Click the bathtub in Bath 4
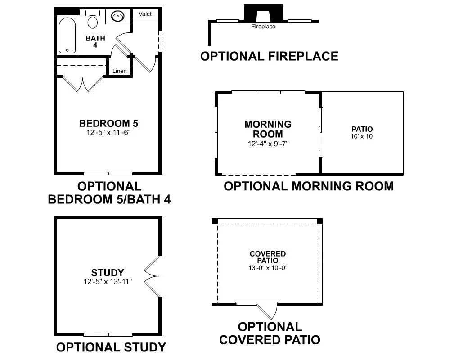coord(67,36)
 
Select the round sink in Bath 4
coord(117,16)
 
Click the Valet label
coord(145,14)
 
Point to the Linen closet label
coord(119,71)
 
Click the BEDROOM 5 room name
coord(108,123)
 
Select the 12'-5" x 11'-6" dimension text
coord(108,132)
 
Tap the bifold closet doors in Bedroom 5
coord(83,84)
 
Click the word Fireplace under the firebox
coord(263,27)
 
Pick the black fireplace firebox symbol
coord(263,12)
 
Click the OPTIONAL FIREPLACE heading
coord(269,56)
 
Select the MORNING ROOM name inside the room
coord(268,129)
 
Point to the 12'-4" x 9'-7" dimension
coord(268,144)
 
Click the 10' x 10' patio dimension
coord(362,136)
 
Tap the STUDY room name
coord(108,272)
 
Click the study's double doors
coord(151,276)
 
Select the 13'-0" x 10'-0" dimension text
coord(268,268)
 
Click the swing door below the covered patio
coord(267,310)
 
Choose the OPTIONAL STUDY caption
coord(111,347)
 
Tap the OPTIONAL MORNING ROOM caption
coord(309,186)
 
